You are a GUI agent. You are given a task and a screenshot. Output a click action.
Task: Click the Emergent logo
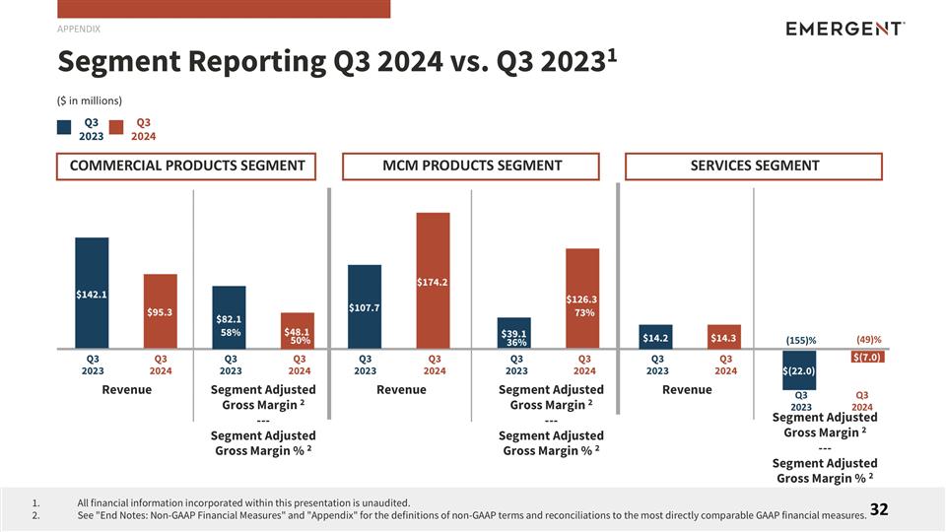[845, 29]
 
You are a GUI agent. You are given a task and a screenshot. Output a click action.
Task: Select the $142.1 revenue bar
[92, 293]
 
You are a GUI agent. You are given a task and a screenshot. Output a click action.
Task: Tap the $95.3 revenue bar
[160, 311]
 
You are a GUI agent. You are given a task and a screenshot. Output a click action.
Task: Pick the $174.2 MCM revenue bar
[433, 281]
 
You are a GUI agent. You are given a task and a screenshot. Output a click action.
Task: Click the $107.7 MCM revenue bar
[365, 306]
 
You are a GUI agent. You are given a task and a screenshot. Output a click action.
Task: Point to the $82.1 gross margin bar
[230, 317]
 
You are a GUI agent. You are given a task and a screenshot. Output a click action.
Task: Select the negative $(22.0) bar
[798, 369]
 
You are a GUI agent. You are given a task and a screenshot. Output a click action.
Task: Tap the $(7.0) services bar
[866, 357]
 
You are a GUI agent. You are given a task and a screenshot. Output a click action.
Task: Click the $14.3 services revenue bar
[723, 337]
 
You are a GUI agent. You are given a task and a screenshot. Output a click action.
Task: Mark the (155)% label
[800, 341]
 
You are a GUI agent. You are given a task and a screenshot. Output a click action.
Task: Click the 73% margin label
[584, 312]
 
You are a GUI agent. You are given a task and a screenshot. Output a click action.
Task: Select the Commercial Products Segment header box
[187, 166]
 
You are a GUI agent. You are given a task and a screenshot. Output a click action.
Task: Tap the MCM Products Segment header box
[471, 166]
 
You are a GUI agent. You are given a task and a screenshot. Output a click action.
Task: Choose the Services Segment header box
[754, 166]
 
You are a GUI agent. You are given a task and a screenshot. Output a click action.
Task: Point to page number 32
[878, 509]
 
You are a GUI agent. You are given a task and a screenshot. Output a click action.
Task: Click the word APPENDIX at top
[79, 29]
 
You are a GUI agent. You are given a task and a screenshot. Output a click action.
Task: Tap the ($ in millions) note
[90, 100]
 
